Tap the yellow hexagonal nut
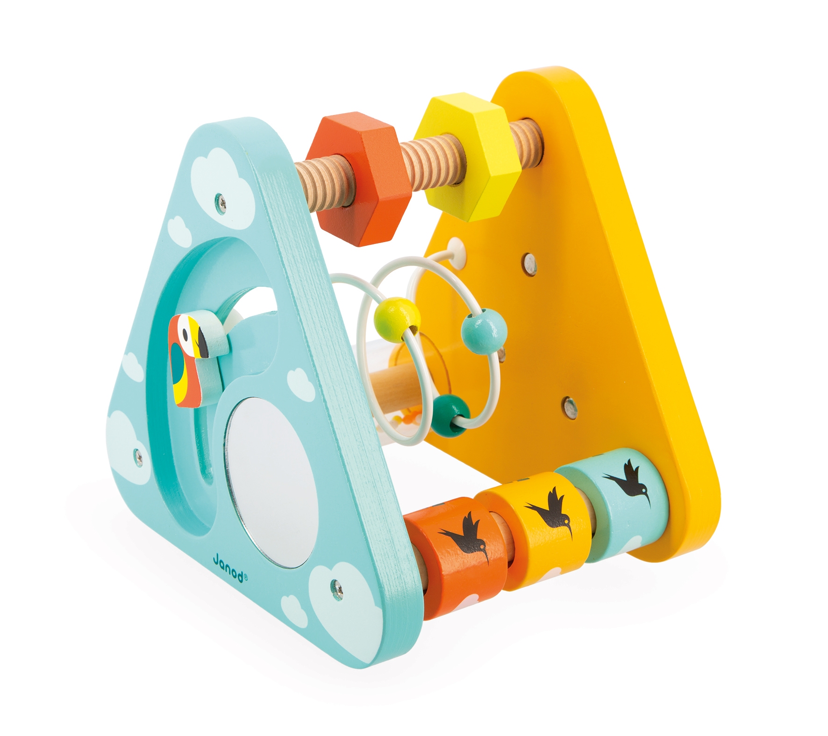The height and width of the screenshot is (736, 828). click(x=467, y=157)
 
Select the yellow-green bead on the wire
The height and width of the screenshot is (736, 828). click(x=397, y=314)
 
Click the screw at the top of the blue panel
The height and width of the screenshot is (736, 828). click(x=220, y=202)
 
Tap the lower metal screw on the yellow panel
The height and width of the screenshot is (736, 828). click(x=569, y=407)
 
